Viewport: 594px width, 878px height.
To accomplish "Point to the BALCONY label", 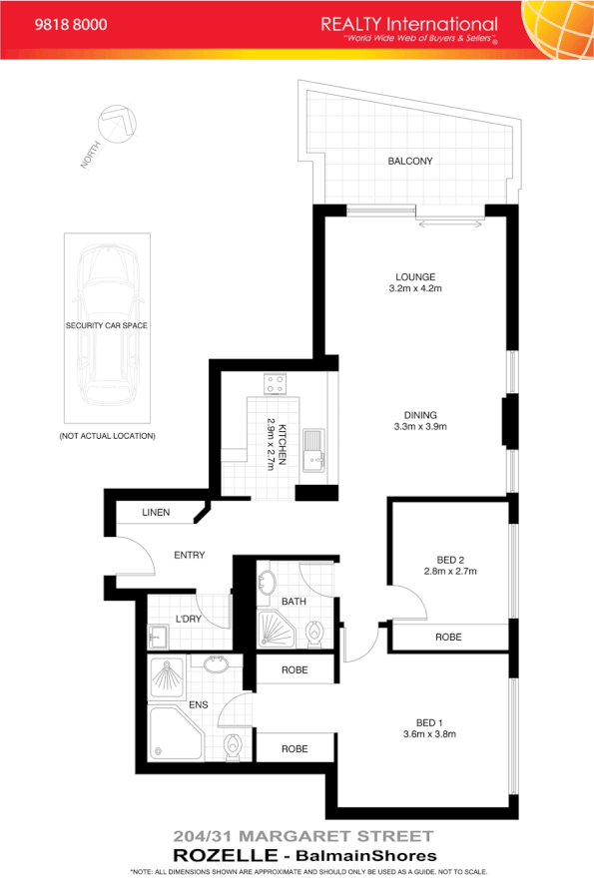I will [x=409, y=162].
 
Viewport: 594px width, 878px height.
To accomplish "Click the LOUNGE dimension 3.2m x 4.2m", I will [x=414, y=288].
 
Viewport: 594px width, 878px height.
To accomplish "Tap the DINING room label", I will [x=414, y=414].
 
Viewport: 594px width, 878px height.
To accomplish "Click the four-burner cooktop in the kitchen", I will [x=275, y=382].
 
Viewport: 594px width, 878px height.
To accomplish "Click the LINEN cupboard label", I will [x=156, y=513].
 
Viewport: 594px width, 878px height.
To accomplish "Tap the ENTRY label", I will [x=189, y=555].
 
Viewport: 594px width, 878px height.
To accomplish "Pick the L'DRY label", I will [x=190, y=620].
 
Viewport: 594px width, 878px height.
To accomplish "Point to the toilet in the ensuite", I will [x=234, y=744].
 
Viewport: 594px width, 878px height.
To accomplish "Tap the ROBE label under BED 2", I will [x=448, y=637].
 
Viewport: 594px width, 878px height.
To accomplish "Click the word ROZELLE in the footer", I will [x=217, y=855].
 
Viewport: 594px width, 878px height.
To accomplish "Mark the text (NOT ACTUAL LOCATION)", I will [x=107, y=436].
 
